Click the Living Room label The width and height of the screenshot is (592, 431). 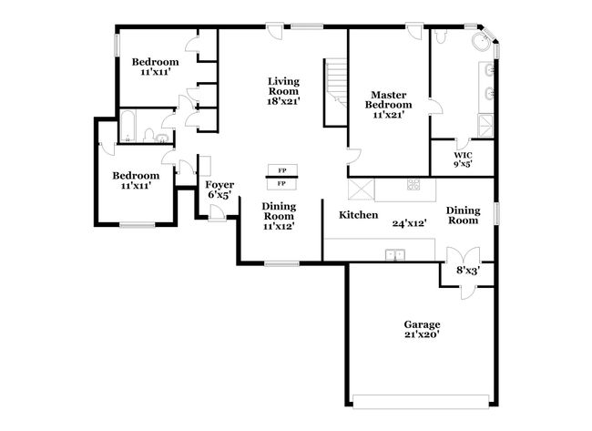283,87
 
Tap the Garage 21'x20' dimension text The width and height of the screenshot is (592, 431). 422,334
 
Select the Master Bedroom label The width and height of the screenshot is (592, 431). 389,99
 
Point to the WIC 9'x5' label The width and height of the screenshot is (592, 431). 463,159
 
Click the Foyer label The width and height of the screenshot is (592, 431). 219,185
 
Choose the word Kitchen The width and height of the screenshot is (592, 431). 358,215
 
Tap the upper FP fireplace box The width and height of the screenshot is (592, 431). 282,170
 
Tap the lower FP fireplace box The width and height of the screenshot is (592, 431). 282,183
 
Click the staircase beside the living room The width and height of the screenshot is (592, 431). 336,92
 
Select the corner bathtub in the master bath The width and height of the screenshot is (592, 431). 482,42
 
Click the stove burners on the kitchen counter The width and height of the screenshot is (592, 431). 413,184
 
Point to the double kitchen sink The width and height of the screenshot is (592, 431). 395,255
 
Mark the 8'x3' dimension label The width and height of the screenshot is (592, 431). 468,271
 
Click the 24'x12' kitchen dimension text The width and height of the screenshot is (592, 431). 410,223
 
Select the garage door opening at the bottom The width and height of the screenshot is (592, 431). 421,401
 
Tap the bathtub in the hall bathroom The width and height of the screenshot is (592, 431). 128,127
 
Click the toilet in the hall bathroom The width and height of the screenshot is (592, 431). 149,135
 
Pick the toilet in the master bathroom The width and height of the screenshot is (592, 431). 441,36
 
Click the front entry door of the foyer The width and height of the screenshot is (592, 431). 217,213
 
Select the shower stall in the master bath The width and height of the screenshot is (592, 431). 486,126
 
